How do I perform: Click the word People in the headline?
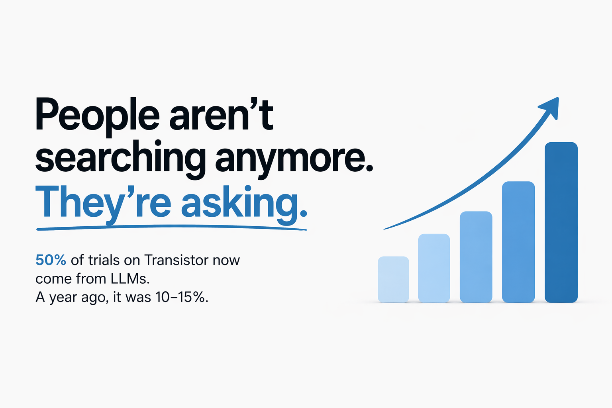pos(97,116)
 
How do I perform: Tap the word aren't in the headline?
pos(222,116)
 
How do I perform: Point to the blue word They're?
pos(103,202)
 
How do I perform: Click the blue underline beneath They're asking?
pos(171,228)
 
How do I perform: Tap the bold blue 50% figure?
pos(51,260)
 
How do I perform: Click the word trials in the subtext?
pos(104,260)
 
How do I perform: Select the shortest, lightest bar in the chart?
pos(393,279)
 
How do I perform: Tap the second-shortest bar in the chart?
pos(434,268)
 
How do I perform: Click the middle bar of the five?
pos(476,257)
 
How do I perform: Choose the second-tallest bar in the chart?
pos(518,242)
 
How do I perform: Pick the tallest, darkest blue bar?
pos(561,222)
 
